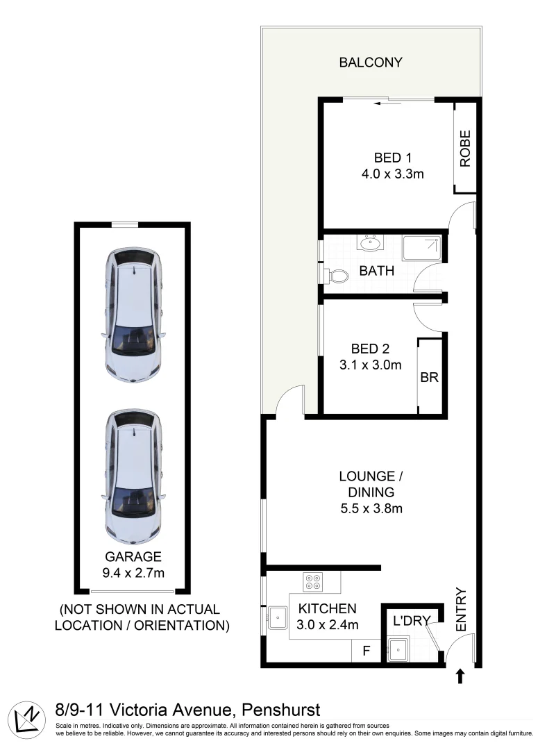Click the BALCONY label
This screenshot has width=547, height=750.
point(370,62)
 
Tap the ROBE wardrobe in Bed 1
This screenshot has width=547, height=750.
point(464,148)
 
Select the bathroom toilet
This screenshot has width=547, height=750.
point(337,276)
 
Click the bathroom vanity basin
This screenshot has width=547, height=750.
point(369,243)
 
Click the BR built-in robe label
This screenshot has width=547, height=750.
point(429,378)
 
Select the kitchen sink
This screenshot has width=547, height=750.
point(278,615)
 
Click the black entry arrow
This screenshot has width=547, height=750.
point(459,676)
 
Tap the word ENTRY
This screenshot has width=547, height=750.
point(462,610)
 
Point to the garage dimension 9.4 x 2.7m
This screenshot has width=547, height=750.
point(133,573)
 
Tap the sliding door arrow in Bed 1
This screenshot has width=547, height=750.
point(379,104)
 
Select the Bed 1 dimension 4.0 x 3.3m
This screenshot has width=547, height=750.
point(392,174)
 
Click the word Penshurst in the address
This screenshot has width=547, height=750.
point(280,710)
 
